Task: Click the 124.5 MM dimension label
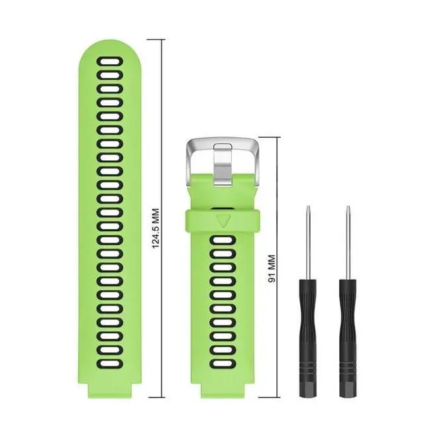click(156, 228)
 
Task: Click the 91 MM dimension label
click(272, 268)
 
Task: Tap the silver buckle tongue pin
click(223, 164)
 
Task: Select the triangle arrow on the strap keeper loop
click(223, 221)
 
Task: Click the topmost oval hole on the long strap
click(110, 62)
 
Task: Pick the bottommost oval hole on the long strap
click(110, 364)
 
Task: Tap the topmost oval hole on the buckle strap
click(223, 240)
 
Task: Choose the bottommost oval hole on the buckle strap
click(223, 364)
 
